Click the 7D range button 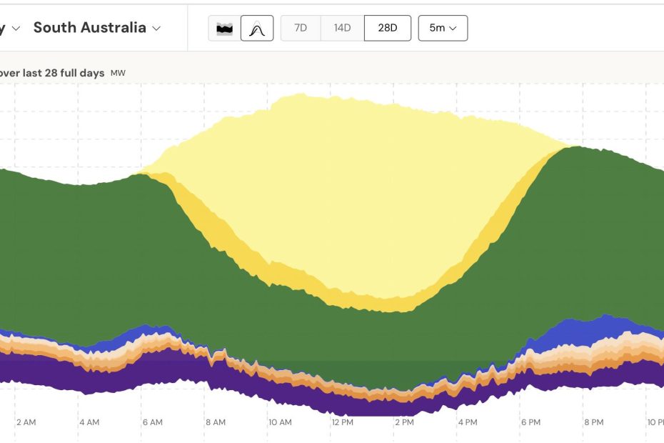[301, 28]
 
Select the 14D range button [342, 28]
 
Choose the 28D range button [388, 28]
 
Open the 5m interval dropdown [443, 28]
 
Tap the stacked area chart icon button [225, 29]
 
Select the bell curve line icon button [257, 29]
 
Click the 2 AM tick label [26, 422]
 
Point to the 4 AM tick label [89, 422]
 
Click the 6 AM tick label [152, 422]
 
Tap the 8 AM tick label [216, 422]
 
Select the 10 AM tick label [280, 422]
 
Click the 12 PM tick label [342, 422]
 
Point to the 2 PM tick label [404, 422]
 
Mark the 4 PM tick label [468, 422]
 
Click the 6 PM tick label [530, 422]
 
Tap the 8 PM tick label [594, 422]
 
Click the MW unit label [118, 73]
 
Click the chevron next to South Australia [156, 29]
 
